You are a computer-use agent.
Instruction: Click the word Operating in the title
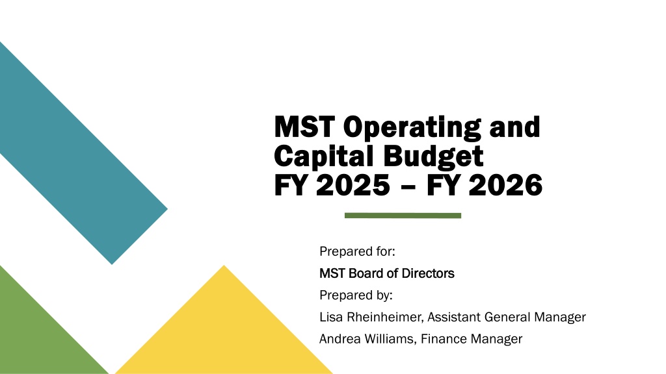pos(412,128)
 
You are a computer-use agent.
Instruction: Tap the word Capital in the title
pos(324,156)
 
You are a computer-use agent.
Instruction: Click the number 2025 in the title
pos(353,185)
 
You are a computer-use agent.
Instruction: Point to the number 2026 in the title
pos(505,185)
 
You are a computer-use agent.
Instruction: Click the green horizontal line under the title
pos(403,216)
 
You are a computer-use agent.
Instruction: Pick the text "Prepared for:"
pos(357,251)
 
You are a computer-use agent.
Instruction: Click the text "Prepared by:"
pos(356,295)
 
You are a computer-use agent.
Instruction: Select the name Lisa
pos(331,317)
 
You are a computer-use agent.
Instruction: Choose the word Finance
pos(444,339)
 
